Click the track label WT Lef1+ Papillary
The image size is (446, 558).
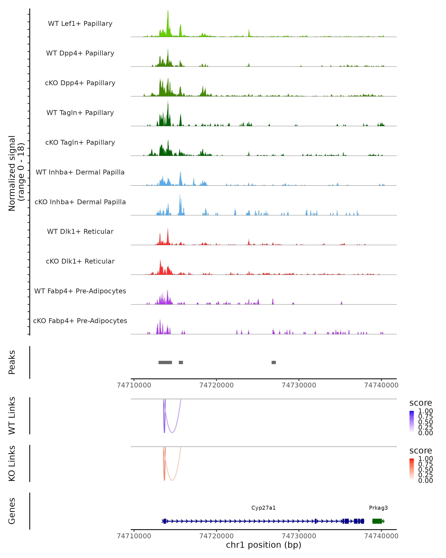pos(80,24)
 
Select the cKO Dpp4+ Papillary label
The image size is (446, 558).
pos(80,83)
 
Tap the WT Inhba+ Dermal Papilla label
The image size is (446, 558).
pos(80,172)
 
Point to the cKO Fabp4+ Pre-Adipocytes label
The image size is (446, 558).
pos(80,321)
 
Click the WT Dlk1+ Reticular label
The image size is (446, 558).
pos(80,232)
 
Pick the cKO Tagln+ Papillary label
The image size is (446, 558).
pos(80,143)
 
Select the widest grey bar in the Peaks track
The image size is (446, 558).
pos(165,362)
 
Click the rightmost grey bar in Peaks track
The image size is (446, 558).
pos(274,362)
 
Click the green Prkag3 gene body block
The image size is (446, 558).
pos(377,521)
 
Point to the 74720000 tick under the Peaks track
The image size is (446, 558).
pos(216,385)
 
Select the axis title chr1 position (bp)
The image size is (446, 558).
pos(264,545)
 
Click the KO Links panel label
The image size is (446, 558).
pos(12,464)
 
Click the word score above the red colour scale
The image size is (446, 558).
pos(421,451)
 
